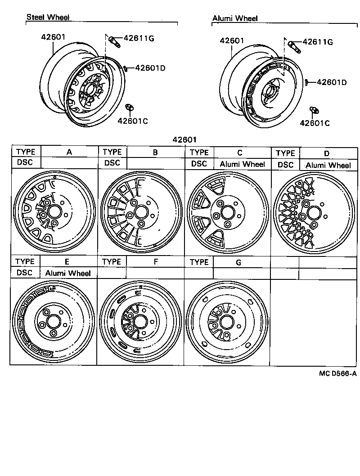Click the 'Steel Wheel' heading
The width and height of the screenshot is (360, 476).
tap(48, 17)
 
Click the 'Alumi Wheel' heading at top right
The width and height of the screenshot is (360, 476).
tap(234, 18)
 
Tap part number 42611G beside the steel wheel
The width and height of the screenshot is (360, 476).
tap(139, 39)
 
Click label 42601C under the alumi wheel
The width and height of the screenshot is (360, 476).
tap(315, 123)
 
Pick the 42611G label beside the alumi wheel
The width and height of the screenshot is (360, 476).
tap(317, 42)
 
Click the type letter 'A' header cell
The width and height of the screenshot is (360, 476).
tap(69, 152)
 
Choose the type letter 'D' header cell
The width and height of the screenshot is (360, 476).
tap(327, 153)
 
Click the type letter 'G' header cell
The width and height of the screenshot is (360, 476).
tap(238, 262)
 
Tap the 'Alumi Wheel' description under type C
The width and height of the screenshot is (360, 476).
tap(242, 164)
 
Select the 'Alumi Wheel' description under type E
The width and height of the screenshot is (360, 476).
tap(68, 273)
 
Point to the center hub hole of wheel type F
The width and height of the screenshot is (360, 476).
tap(139, 322)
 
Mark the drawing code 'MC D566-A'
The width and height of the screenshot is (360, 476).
tap(338, 373)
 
